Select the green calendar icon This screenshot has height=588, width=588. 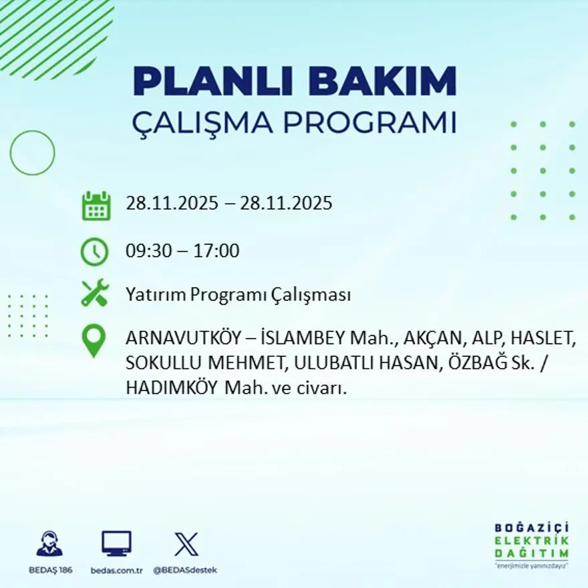coord(96,206)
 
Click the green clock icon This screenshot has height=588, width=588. coord(94,252)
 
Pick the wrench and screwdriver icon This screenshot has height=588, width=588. coord(94,293)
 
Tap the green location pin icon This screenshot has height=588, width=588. coord(94,341)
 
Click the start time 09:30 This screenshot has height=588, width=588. coord(145,252)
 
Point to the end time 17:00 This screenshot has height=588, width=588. coord(216,252)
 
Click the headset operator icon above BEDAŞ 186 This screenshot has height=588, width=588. coord(49,544)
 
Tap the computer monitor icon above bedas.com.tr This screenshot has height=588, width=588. coord(116,544)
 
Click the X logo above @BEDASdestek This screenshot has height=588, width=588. coord(186,544)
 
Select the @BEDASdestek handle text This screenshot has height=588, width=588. coord(185,570)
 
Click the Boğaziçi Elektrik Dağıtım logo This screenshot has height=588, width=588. coord(531,545)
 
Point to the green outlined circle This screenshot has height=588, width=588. coord(33,153)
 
